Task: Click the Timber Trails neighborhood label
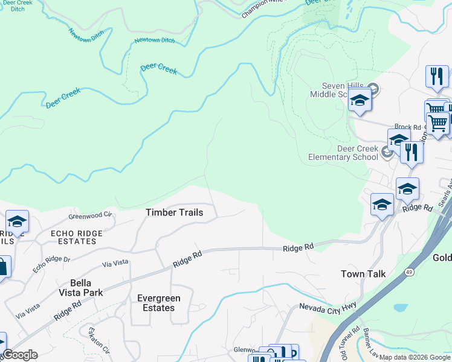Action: coord(174,212)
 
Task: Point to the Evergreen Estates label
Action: coord(155,303)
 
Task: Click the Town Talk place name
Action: coord(363,274)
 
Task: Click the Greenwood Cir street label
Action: coord(91,215)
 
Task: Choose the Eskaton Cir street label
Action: coord(98,340)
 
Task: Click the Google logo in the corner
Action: coord(19,355)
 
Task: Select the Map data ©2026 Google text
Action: coord(414,357)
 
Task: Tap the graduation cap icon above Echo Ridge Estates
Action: coord(17,222)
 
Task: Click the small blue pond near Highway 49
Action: coord(400,308)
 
